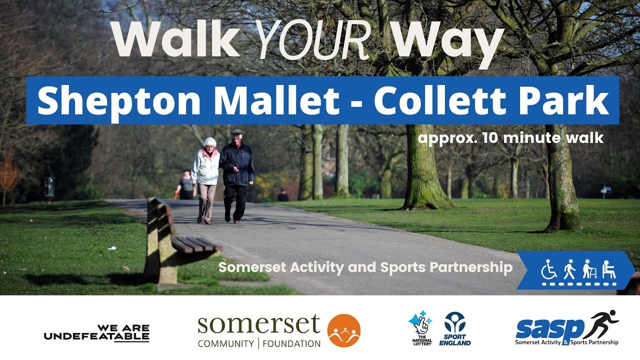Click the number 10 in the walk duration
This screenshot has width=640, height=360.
(x=490, y=137)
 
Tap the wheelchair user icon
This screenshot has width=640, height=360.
(x=549, y=270)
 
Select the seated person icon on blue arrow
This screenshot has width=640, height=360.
(x=608, y=270)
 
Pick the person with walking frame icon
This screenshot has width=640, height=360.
(x=589, y=270)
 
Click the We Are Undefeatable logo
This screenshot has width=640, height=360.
(x=96, y=332)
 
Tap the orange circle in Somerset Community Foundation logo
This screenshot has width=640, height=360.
(x=344, y=330)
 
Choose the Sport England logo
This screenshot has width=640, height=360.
(x=455, y=328)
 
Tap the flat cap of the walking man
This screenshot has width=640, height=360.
(x=236, y=132)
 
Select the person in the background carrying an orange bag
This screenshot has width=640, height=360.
(x=185, y=185)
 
